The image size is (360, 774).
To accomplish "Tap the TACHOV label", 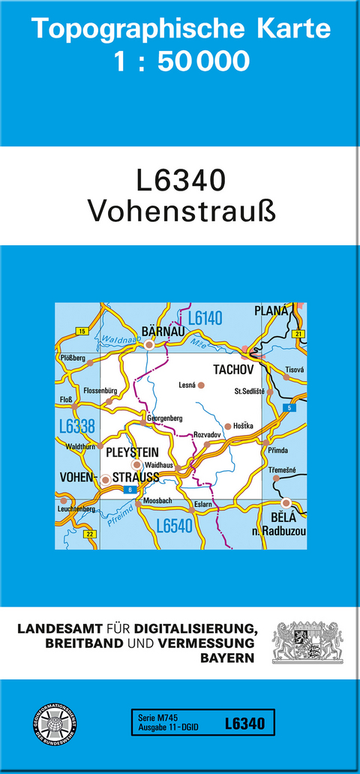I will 235,370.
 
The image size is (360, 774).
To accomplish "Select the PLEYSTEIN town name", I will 133,452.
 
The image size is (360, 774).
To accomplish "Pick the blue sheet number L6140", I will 205,318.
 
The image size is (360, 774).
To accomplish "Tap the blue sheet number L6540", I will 175,526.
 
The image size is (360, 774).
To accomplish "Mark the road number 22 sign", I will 90,533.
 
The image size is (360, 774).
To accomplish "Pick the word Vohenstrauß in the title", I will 181,211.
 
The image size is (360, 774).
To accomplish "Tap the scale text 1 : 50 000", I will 181,61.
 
